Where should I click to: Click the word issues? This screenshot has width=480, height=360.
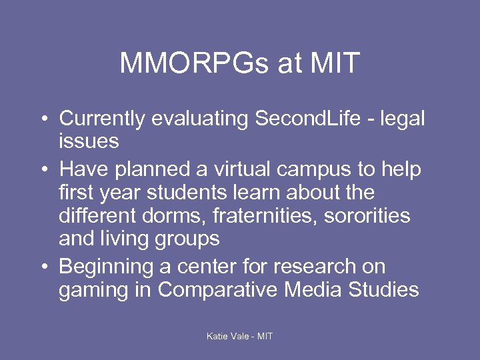tap(89, 141)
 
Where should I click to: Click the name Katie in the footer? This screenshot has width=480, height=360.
tap(218, 336)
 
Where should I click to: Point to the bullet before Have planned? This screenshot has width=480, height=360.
tap(43, 170)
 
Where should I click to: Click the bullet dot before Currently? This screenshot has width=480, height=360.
tap(43, 119)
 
